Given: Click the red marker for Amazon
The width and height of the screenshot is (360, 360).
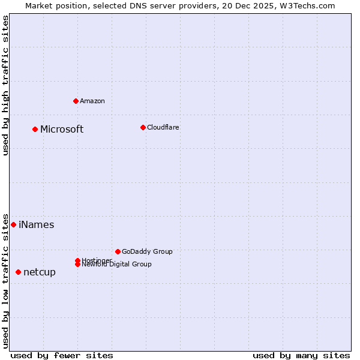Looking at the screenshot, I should point(76,101).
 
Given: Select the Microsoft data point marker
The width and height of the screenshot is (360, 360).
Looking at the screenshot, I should point(35,129).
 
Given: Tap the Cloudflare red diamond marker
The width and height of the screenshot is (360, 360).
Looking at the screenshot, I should point(143,127).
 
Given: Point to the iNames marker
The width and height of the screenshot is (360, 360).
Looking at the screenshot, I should point(13,224).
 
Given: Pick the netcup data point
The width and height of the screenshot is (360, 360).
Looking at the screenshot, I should point(18,272).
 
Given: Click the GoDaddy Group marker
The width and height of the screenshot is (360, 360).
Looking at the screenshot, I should point(118,251).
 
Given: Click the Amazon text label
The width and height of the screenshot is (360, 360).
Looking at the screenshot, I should point(92,101).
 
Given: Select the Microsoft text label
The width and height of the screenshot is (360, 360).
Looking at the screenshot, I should point(62,129).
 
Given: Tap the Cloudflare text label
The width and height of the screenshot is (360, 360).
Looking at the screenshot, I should point(163,127).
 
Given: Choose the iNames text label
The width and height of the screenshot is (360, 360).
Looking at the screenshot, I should point(37,225).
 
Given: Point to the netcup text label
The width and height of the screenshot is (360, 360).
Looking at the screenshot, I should point(40,272).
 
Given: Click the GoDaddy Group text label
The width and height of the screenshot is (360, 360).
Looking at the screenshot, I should point(147,251).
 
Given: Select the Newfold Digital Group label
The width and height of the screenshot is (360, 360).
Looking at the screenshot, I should point(116,264).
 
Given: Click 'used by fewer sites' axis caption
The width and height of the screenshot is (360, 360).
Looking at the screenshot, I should point(62,355).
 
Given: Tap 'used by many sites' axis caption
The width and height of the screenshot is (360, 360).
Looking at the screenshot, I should point(301,355).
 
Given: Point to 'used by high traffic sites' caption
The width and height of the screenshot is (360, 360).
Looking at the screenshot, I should point(5,85).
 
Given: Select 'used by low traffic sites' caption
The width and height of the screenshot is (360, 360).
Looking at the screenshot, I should point(5,281).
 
